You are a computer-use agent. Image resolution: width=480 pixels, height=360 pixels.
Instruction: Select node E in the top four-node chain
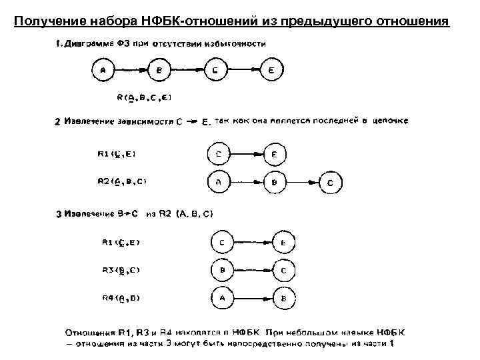pos(270,70)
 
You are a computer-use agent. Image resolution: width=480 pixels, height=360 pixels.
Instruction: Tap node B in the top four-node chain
pos(158,70)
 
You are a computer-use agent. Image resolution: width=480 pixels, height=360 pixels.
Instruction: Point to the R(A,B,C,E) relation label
pos(145,97)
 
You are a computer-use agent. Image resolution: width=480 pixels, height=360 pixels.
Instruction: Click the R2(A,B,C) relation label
pos(123,181)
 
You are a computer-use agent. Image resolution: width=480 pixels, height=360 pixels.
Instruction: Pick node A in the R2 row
pos(220,181)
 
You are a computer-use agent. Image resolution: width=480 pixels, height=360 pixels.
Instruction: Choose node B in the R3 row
pos(221,271)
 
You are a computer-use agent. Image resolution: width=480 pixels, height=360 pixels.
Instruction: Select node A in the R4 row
pos(221,298)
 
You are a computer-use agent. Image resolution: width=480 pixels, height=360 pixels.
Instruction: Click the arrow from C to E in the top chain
pos(241,70)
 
